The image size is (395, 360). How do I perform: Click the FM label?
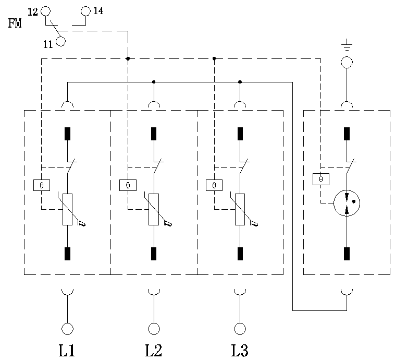[15, 23]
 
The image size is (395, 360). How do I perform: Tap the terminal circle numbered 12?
[45, 10]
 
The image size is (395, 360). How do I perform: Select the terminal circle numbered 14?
[86, 10]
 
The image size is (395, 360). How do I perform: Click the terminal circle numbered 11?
[61, 41]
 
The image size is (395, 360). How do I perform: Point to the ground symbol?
[347, 44]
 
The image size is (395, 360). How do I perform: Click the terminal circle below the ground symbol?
[347, 63]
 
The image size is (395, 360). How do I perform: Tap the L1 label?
[67, 349]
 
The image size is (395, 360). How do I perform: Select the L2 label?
[154, 349]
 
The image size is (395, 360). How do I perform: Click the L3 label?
[240, 349]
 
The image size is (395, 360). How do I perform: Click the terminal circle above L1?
[67, 329]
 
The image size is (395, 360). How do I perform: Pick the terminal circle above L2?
[154, 329]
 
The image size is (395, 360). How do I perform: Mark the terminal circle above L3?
[240, 329]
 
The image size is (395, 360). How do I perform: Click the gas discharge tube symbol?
[347, 203]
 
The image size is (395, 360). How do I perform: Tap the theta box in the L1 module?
[41, 185]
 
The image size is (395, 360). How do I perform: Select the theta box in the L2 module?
[128, 185]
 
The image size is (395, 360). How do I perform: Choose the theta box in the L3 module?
[214, 185]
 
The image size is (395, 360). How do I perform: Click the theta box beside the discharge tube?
[320, 179]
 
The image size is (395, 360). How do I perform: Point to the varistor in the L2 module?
[154, 209]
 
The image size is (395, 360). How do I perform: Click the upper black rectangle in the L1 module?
[67, 134]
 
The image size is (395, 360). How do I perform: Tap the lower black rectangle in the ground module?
[347, 254]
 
